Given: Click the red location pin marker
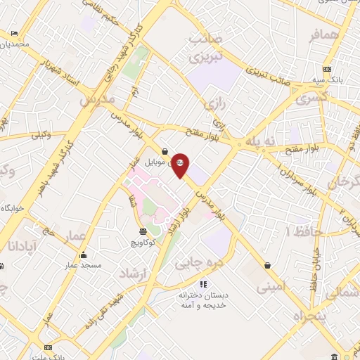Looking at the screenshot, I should point(181,165).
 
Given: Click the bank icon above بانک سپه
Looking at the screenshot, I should point(327,69).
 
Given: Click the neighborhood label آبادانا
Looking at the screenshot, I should point(18,246).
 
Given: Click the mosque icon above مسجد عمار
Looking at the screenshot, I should point(84,255).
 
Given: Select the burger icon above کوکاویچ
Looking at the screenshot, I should point(143,231).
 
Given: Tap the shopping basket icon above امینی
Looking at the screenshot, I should point(268,265).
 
